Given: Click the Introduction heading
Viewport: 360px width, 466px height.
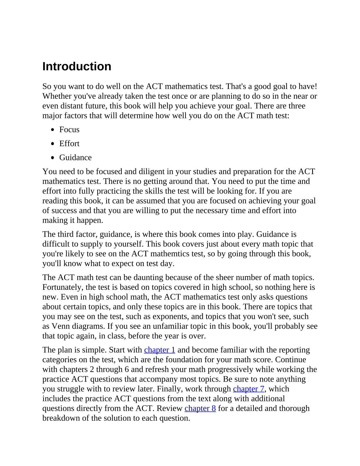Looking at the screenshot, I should [x=77, y=66].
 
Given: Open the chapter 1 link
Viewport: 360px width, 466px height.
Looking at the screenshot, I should [x=160, y=350].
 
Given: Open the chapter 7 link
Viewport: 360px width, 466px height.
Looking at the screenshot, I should [x=249, y=389].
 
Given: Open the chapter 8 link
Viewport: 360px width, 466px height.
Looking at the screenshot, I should [x=200, y=408].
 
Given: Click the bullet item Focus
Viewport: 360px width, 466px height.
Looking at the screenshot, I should [x=69, y=129].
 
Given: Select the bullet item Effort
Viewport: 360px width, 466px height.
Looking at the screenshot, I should [x=69, y=144].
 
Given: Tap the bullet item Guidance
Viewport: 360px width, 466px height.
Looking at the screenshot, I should [x=76, y=157].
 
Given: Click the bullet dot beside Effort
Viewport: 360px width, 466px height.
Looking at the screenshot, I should [x=53, y=144].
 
